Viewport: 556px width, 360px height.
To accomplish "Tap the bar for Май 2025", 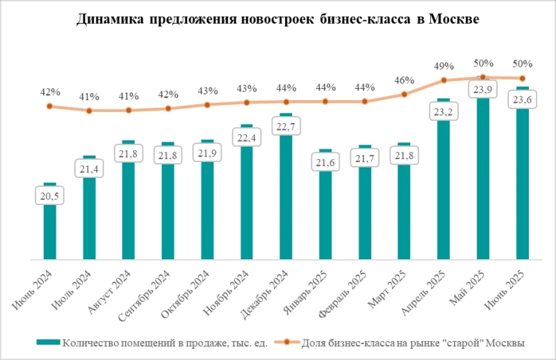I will [483, 181].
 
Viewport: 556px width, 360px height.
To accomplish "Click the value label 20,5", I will [49, 197].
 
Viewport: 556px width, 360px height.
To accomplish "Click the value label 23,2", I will [443, 111].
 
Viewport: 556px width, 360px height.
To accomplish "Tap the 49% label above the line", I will [443, 66].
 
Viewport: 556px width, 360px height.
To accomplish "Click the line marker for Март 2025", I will [404, 95].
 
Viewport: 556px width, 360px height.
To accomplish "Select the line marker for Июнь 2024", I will [49, 106].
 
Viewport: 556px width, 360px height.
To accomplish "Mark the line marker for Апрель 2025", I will [443, 81].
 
